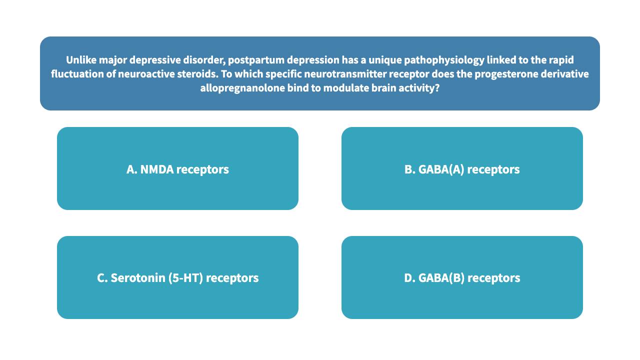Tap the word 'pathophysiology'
point(444,60)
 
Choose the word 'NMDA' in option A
point(157,169)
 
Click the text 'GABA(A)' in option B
point(441,169)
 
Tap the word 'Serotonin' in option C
point(138,278)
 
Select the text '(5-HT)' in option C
point(185,278)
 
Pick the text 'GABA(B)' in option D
point(441,278)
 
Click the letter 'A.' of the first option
point(132,169)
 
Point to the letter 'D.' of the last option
point(409,278)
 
